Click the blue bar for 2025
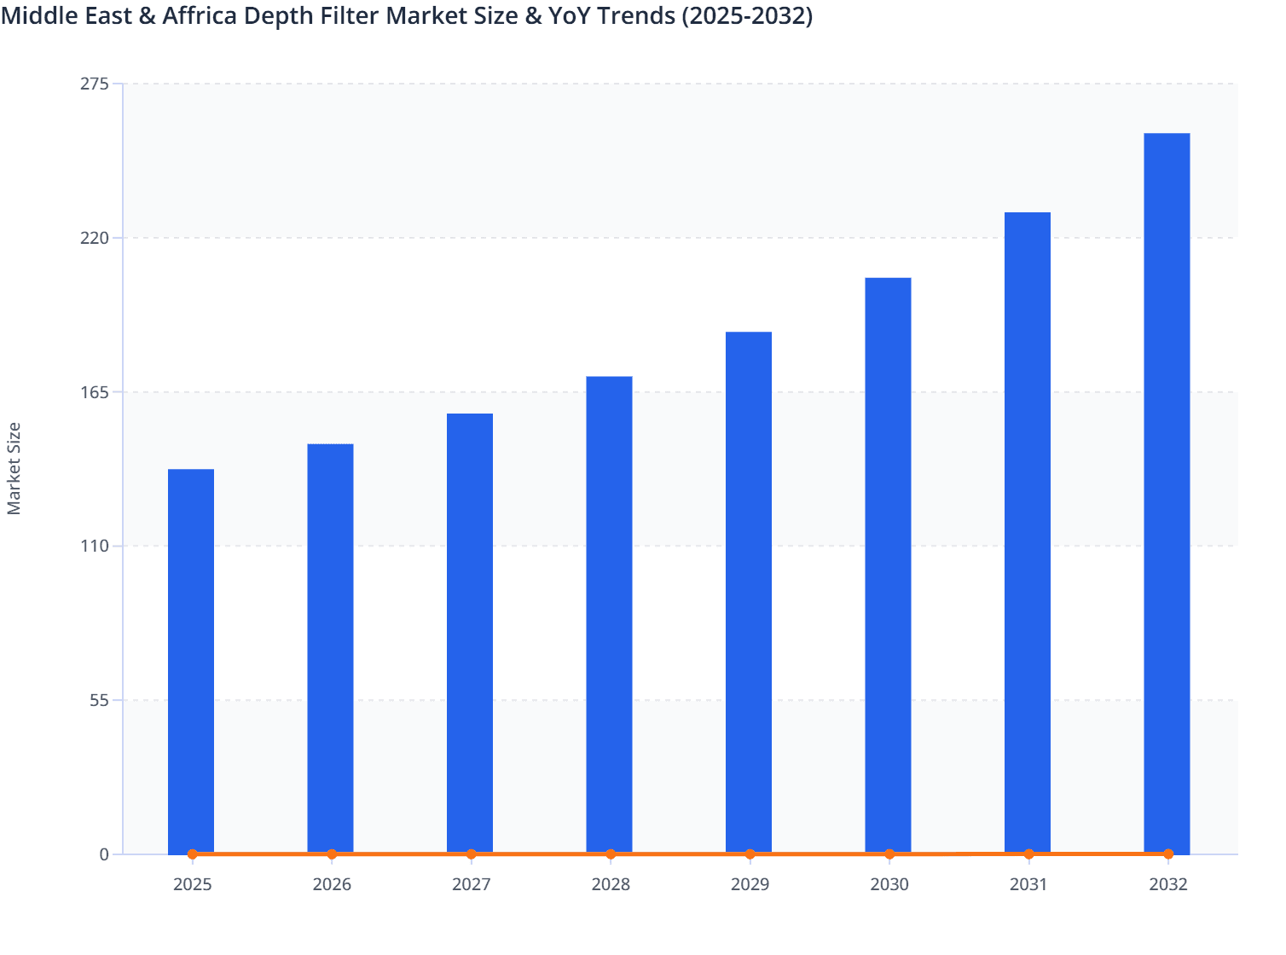pos(191,661)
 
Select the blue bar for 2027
pos(470,633)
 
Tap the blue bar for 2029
pos(749,592)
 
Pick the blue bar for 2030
pos(888,564)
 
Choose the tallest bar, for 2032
pos(1167,493)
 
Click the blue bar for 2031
pos(1028,532)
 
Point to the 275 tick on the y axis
pos(95,84)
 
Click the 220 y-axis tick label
pos(95,238)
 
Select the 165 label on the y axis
pos(95,392)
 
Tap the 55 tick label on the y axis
pos(99,700)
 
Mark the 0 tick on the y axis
pos(104,854)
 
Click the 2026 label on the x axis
pos(332,884)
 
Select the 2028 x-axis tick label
pos(611,884)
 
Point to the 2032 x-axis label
pos(1168,884)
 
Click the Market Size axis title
pos(14,468)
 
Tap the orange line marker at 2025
pos(193,854)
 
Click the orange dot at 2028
pos(611,854)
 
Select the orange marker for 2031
pos(1028,854)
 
